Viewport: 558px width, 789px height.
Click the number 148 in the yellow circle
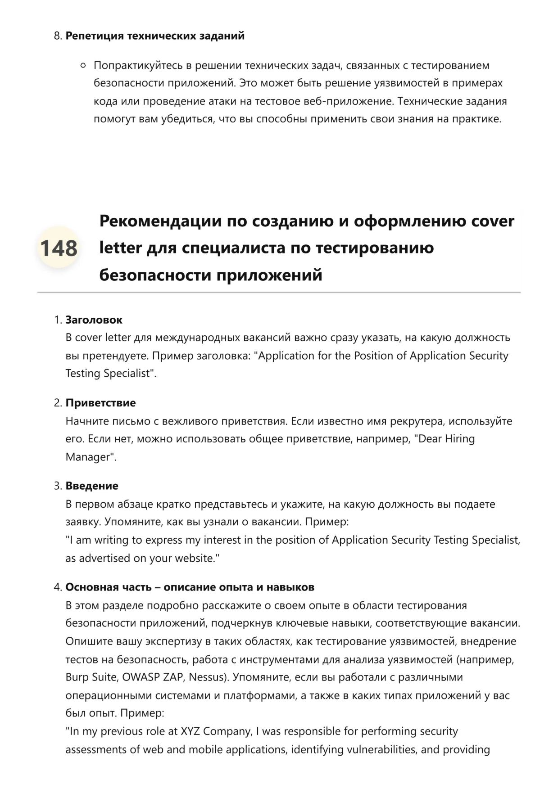[x=59, y=248]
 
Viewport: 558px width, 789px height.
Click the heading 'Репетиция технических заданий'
[x=155, y=36]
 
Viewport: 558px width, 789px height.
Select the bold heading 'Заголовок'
[x=94, y=320]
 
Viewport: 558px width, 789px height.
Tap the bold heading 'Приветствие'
[x=100, y=403]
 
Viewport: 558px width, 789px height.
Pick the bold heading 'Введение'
[x=92, y=486]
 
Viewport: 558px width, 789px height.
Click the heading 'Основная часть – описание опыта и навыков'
[x=190, y=587]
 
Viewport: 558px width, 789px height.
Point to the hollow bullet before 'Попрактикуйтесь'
[x=83, y=66]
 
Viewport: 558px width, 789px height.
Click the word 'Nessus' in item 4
[x=206, y=677]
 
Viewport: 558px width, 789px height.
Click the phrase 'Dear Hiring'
[x=446, y=439]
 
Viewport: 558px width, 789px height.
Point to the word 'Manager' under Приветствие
[x=87, y=457]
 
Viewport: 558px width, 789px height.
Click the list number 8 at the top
[x=57, y=36]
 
